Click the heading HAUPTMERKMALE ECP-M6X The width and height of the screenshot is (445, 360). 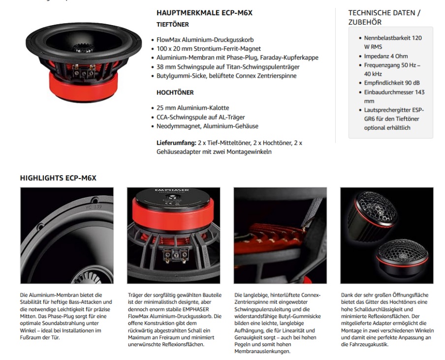coord(204,13)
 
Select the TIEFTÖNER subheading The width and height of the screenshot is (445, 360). coord(172,24)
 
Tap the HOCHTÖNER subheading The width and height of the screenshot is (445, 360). coord(175,92)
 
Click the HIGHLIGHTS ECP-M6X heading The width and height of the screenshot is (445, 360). coord(58,178)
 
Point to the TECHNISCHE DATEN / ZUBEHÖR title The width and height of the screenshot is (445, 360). coord(384,17)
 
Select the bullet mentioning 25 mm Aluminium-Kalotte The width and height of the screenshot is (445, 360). coord(190,108)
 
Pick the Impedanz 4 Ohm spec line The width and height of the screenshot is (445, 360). coord(386,56)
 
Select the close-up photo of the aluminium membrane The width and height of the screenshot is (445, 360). coord(66,235)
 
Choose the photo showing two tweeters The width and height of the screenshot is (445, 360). coord(387,235)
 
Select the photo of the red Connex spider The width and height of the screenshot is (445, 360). coord(280,235)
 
